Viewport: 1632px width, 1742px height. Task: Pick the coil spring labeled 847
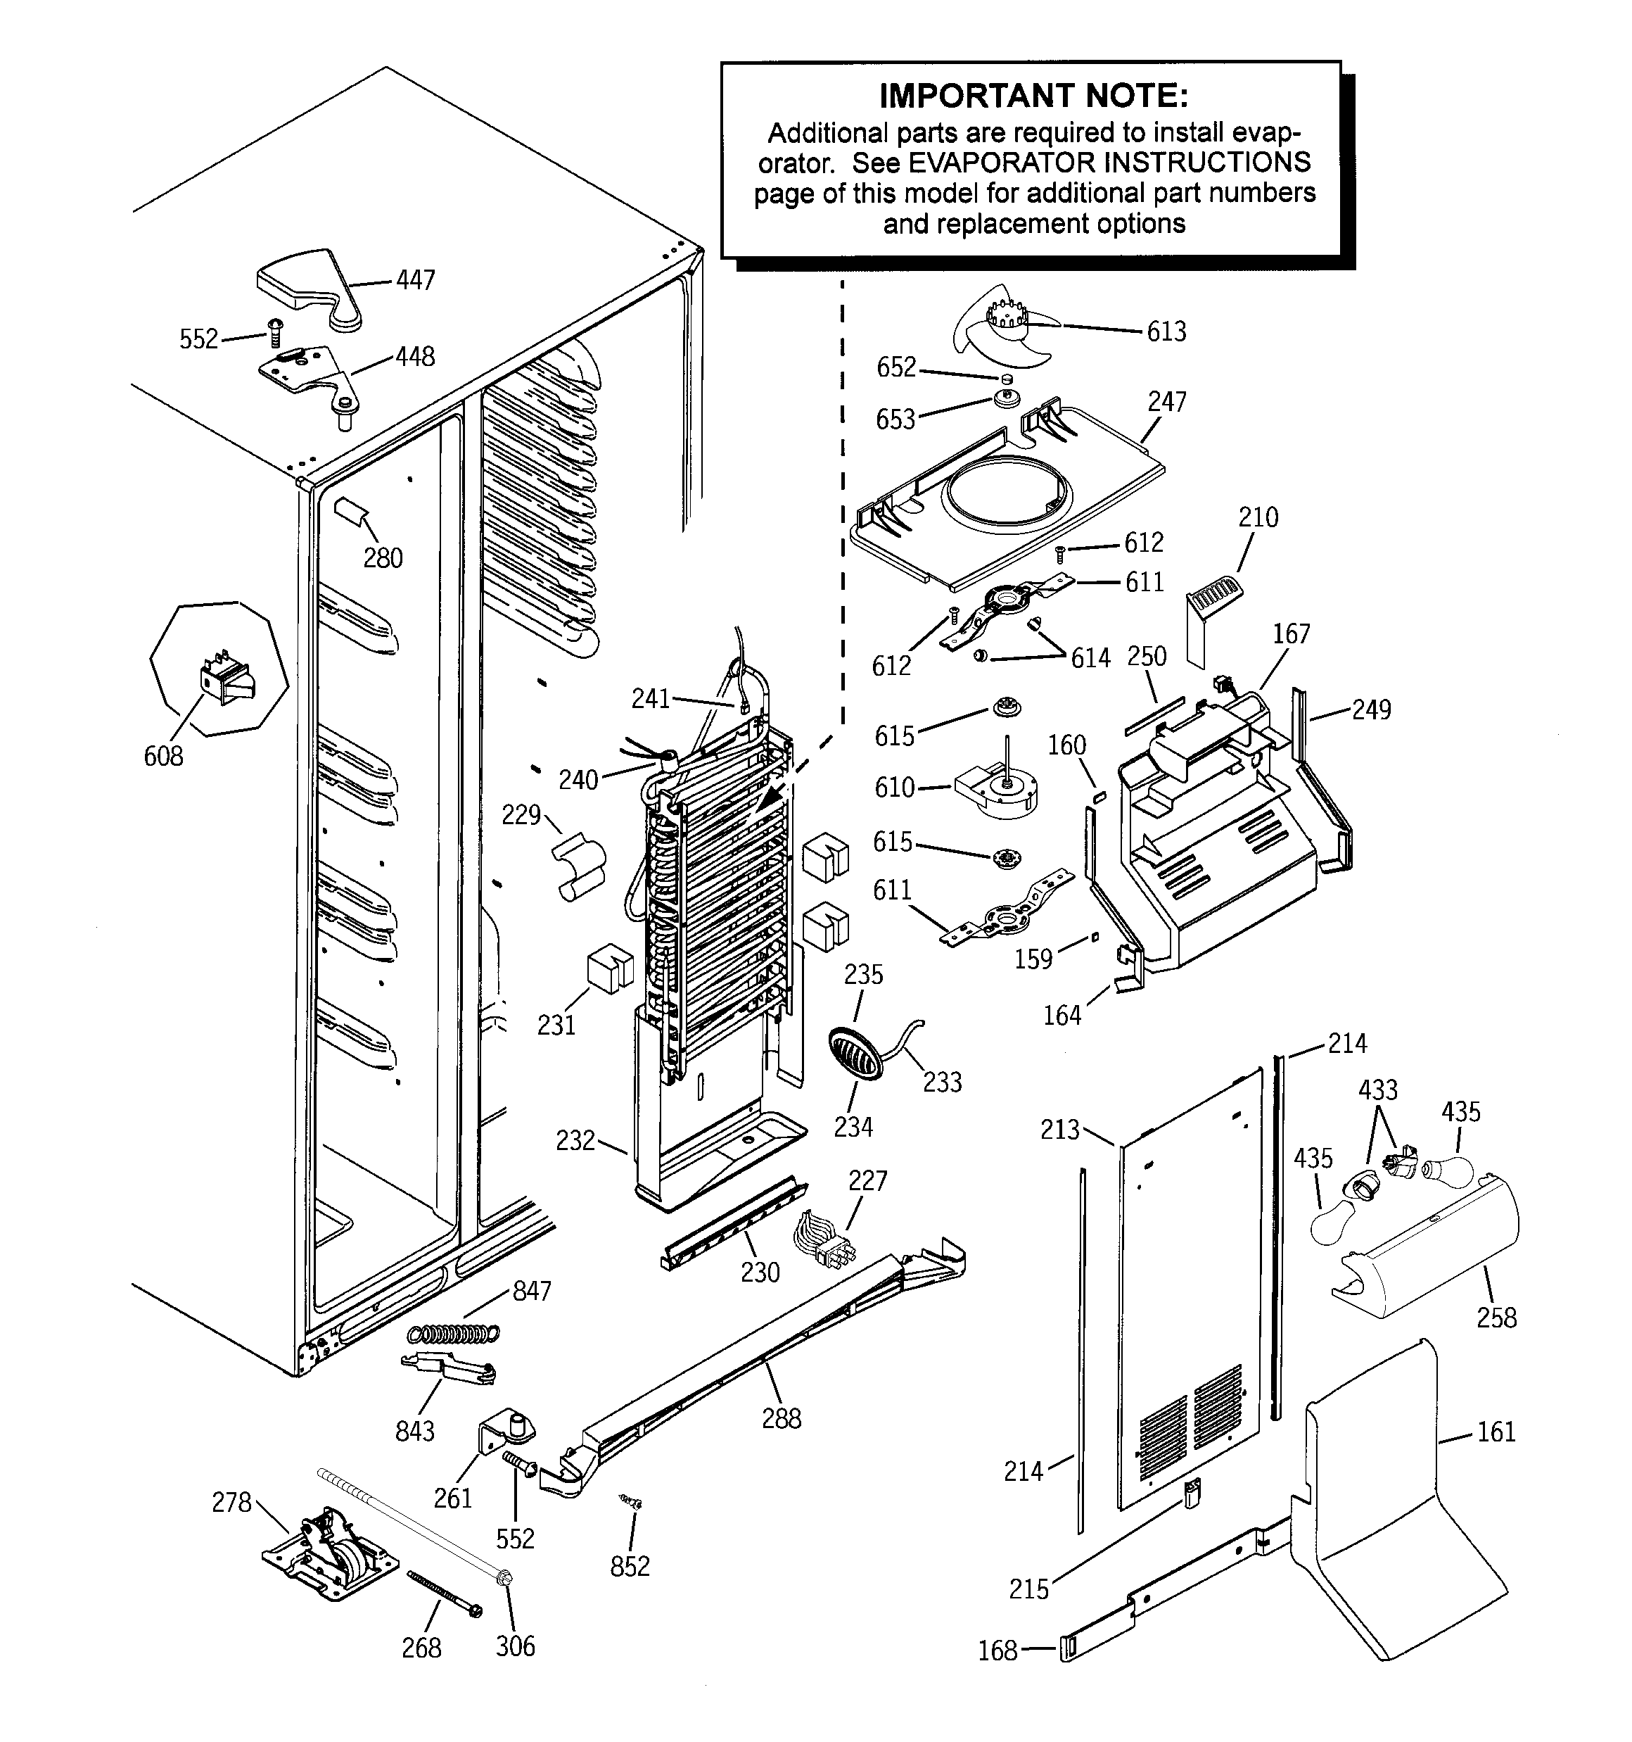[453, 1334]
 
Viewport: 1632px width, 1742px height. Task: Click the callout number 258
[1496, 1317]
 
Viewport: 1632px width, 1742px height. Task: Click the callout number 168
[997, 1651]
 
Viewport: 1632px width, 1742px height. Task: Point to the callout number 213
[1059, 1130]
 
